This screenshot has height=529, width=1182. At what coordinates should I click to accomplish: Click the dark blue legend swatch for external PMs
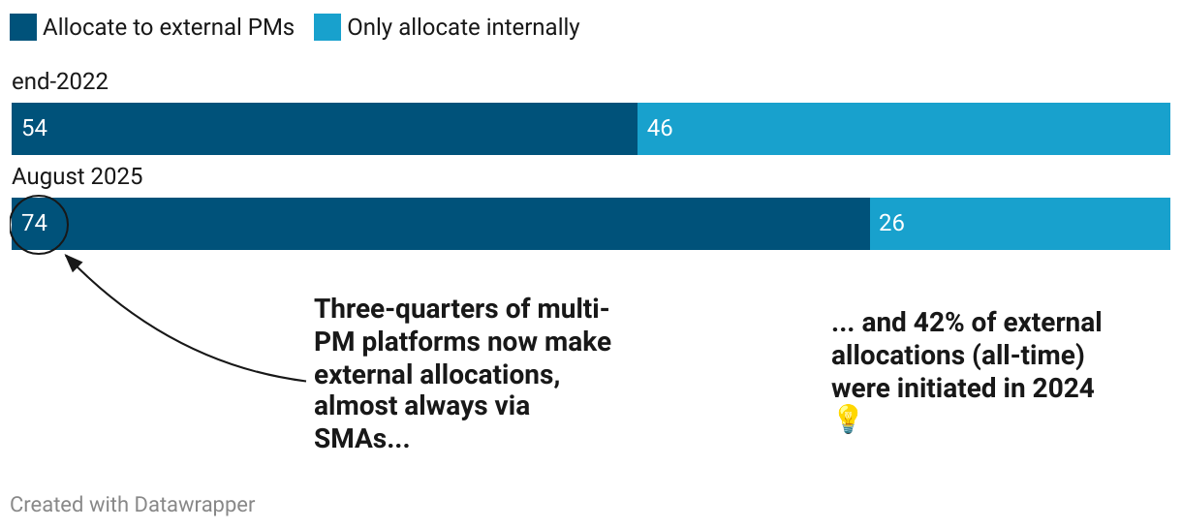[x=23, y=27]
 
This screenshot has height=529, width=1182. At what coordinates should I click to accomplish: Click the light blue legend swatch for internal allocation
[x=327, y=27]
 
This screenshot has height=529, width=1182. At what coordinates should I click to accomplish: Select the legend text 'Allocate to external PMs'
[x=169, y=27]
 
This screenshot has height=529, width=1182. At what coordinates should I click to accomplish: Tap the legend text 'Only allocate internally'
[x=463, y=27]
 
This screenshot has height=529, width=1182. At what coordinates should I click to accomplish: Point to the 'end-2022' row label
[x=60, y=81]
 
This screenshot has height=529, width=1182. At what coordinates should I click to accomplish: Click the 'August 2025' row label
[x=78, y=176]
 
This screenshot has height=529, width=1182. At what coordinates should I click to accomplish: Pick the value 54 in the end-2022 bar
[x=35, y=128]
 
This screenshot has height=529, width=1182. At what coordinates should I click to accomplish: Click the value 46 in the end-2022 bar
[x=660, y=128]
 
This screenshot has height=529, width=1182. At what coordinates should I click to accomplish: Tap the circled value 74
[x=35, y=223]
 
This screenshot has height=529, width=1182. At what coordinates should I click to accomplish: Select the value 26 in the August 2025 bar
[x=891, y=223]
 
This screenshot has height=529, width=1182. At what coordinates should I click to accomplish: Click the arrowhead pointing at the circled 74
[x=72, y=263]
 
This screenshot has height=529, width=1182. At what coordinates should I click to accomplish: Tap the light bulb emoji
[x=848, y=420]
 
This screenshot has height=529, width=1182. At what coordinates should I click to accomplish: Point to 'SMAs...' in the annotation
[x=362, y=438]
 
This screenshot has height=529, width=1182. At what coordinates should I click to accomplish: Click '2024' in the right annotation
[x=1063, y=389]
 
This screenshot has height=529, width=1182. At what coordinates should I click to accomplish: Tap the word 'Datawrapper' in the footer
[x=195, y=505]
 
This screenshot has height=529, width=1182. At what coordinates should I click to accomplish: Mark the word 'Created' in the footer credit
[x=47, y=505]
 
